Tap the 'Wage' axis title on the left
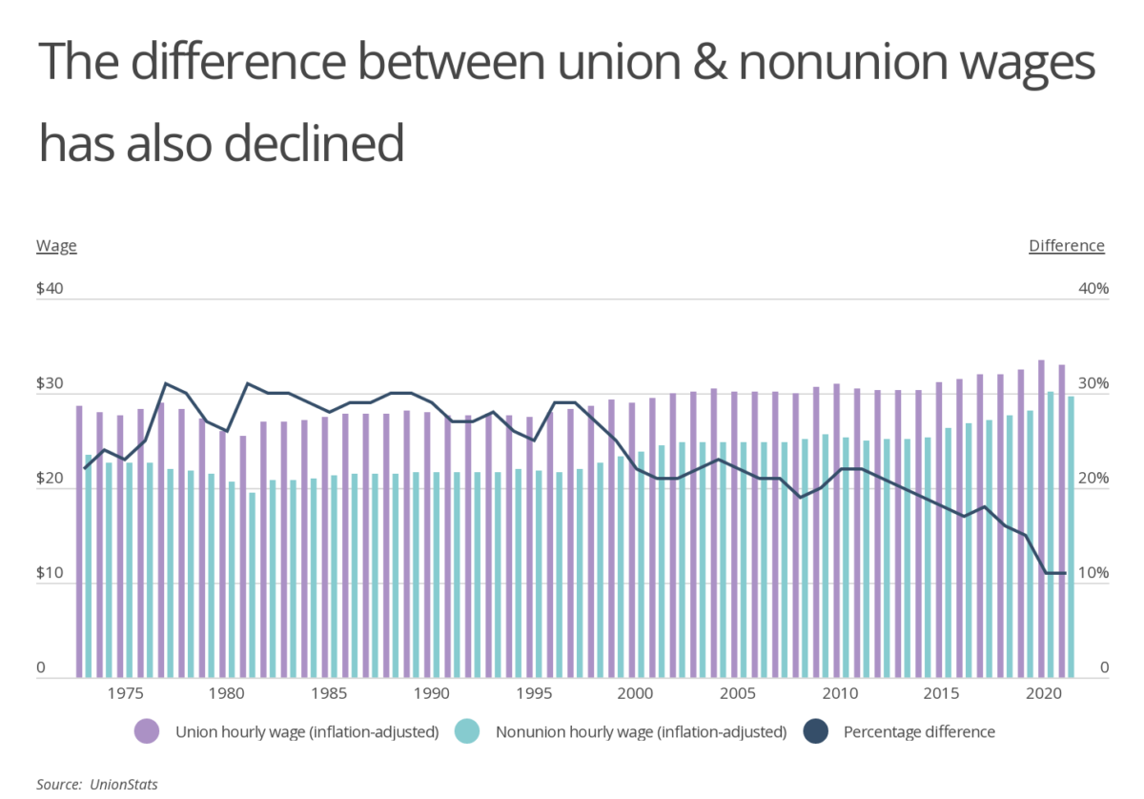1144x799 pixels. tap(56, 246)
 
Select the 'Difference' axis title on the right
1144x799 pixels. tap(1066, 246)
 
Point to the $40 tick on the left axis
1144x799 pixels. tap(50, 289)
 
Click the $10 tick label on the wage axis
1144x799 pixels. tap(50, 574)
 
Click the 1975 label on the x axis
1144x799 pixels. tap(120, 694)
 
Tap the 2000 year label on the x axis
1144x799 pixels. tap(635, 694)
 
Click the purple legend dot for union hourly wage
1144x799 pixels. tap(148, 732)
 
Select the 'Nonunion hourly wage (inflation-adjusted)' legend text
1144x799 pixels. tap(641, 732)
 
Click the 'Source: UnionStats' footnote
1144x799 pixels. tap(96, 784)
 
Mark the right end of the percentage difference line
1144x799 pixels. tap(1064, 573)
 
